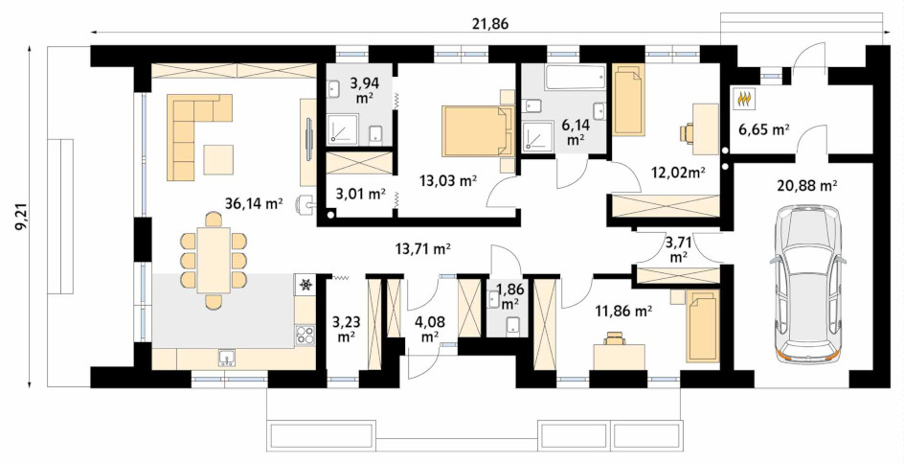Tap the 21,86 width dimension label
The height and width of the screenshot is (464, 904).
pyautogui.click(x=491, y=23)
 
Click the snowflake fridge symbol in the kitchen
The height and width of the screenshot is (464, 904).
pyautogui.click(x=305, y=284)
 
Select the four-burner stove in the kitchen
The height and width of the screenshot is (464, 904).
pyautogui.click(x=305, y=336)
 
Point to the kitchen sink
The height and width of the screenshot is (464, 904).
pyautogui.click(x=228, y=359)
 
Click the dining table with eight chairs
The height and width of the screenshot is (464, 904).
pyautogui.click(x=214, y=260)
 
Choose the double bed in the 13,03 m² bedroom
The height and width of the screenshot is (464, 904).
pyautogui.click(x=478, y=130)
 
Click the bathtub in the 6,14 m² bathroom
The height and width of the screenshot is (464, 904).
pyautogui.click(x=576, y=78)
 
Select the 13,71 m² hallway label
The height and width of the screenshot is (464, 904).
pyautogui.click(x=422, y=249)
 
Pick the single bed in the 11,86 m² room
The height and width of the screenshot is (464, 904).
pyautogui.click(x=703, y=326)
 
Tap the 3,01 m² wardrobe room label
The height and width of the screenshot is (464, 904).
pyautogui.click(x=361, y=194)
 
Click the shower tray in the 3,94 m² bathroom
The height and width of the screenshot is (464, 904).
pyautogui.click(x=343, y=128)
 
